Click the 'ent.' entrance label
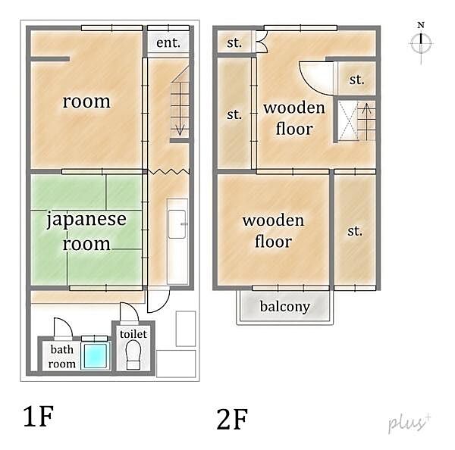(x=168, y=42)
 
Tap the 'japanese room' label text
(x=86, y=232)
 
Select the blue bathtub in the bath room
(x=96, y=355)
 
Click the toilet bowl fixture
(x=133, y=355)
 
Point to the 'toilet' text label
(x=133, y=333)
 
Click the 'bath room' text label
(x=62, y=357)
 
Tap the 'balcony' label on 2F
(x=284, y=307)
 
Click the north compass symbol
(x=420, y=42)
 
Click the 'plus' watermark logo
(x=409, y=423)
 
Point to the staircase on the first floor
(x=179, y=102)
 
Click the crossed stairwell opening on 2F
(x=347, y=120)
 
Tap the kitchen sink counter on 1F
(x=177, y=241)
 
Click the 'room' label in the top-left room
(x=86, y=102)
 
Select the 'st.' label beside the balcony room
(x=355, y=232)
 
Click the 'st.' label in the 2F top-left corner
(x=234, y=42)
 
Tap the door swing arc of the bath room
(x=62, y=328)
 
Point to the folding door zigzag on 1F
(x=168, y=173)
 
